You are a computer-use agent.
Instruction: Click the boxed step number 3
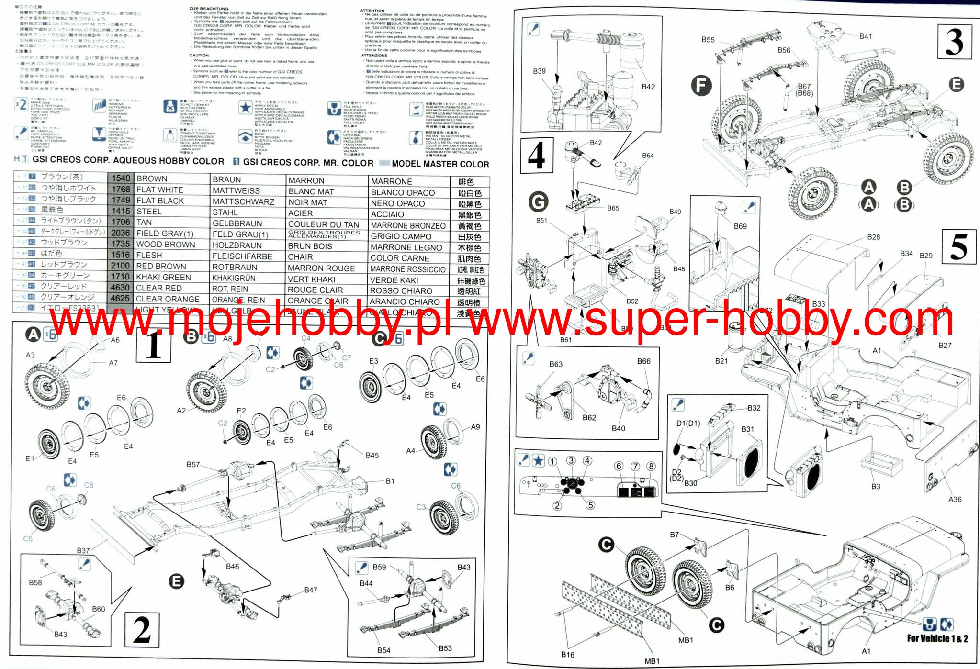point(954,42)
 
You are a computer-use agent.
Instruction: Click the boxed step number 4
point(537,155)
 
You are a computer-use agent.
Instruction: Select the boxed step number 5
point(958,246)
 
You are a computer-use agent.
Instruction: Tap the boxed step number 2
point(142,630)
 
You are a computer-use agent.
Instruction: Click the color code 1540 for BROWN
point(121,178)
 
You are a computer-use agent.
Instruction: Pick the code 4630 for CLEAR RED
point(120,288)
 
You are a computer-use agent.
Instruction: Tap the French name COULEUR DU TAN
point(323,224)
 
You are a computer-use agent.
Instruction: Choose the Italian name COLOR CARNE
point(399,258)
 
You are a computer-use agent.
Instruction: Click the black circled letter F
point(701,86)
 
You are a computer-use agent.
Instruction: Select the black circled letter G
point(538,202)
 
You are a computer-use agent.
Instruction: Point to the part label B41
point(866,36)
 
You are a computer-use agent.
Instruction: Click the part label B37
point(83,551)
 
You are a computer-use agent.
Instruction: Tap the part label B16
point(567,654)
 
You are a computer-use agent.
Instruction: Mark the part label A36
point(955,499)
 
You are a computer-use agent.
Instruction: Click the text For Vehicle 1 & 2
point(937,638)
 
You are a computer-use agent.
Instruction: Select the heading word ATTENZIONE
point(374,56)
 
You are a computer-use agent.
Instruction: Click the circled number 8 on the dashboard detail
point(651,467)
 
